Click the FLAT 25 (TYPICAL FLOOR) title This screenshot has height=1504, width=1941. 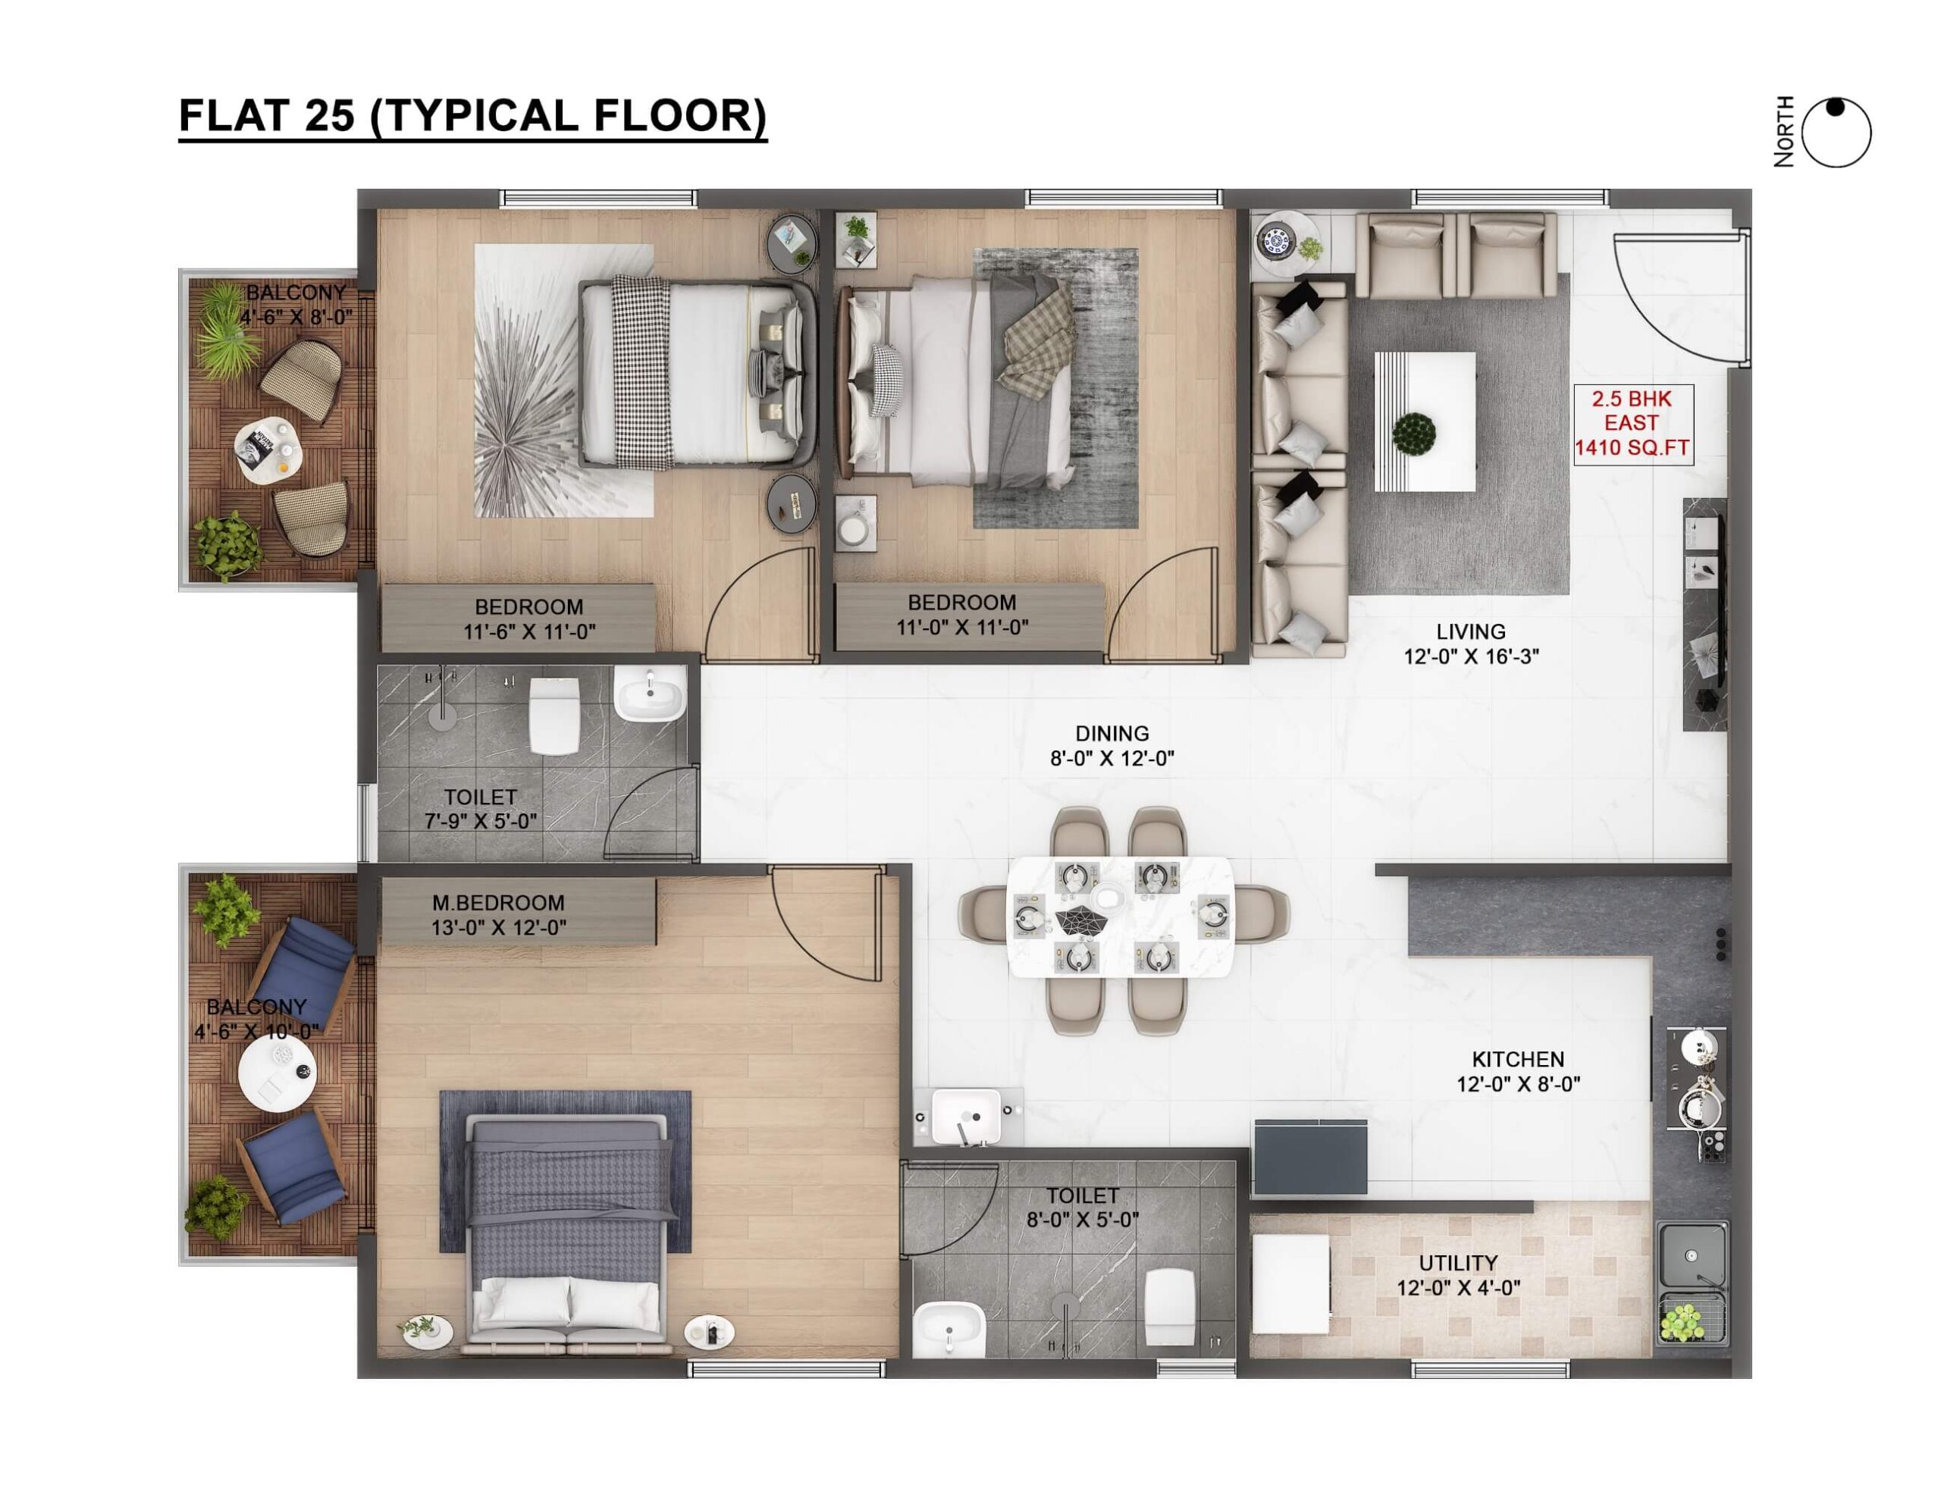[x=473, y=117]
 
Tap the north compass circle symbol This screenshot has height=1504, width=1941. [x=1837, y=133]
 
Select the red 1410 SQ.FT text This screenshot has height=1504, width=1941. [x=1632, y=449]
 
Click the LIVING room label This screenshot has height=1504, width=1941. [x=1471, y=631]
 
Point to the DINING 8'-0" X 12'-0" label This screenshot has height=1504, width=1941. [x=1112, y=745]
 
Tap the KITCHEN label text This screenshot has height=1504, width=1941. [x=1518, y=1059]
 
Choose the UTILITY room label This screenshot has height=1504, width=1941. [x=1457, y=1262]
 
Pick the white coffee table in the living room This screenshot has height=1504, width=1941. [x=1425, y=421]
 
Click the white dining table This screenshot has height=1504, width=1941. [x=1121, y=916]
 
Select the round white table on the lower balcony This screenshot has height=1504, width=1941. [x=278, y=1075]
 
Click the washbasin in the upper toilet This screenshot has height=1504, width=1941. [x=650, y=694]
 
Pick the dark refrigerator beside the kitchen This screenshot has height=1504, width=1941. [x=1310, y=1158]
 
